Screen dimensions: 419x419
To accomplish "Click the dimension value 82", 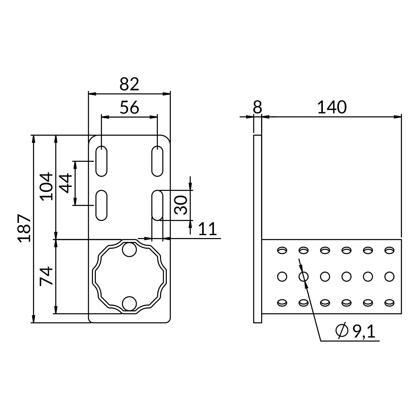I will tap(129, 84).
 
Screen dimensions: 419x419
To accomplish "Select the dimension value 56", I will tap(129, 107).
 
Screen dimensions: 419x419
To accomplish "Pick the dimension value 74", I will tap(47, 276).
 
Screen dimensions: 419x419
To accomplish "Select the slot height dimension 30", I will tap(181, 205).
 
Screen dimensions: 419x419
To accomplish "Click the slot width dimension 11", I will tap(207, 229).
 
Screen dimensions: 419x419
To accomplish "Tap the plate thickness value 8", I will tap(257, 107).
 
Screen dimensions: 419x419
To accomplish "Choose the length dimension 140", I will tap(332, 107).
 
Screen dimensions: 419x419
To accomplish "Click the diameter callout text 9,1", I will tap(364, 331).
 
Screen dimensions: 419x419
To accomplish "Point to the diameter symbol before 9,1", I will tap(342, 331).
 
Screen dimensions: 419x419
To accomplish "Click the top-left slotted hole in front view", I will tap(101, 161).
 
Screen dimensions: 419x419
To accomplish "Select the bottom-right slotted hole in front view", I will tap(157, 206).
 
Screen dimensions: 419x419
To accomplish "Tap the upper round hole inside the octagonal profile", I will tap(129, 250).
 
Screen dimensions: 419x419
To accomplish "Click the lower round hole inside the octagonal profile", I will tap(129, 304).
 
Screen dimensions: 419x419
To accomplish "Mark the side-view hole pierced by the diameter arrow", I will tap(304, 276).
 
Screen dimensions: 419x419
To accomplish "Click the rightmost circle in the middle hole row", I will tap(389, 276).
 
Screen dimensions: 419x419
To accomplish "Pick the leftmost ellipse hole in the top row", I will tap(282, 250).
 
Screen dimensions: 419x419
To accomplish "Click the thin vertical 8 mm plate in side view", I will tap(258, 229).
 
